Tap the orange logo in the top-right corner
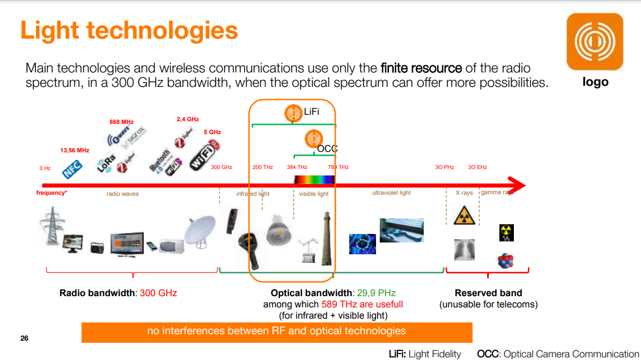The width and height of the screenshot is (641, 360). coord(595,42)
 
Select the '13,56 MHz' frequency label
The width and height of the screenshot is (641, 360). coord(75,151)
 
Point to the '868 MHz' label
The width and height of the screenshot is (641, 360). coord(121,122)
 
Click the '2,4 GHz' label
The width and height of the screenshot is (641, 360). coord(188,119)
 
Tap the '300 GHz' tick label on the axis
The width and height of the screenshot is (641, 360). coord(222,167)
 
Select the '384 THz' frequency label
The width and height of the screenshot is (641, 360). coord(297,167)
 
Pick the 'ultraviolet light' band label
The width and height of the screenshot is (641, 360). coord(391,193)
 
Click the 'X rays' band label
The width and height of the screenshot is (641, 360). coord(464,193)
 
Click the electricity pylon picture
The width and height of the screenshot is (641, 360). coord(52,228)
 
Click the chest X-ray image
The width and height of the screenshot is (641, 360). coord(464,249)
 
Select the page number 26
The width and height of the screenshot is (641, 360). coord(24,339)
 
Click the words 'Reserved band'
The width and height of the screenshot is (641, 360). coord(488,293)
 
